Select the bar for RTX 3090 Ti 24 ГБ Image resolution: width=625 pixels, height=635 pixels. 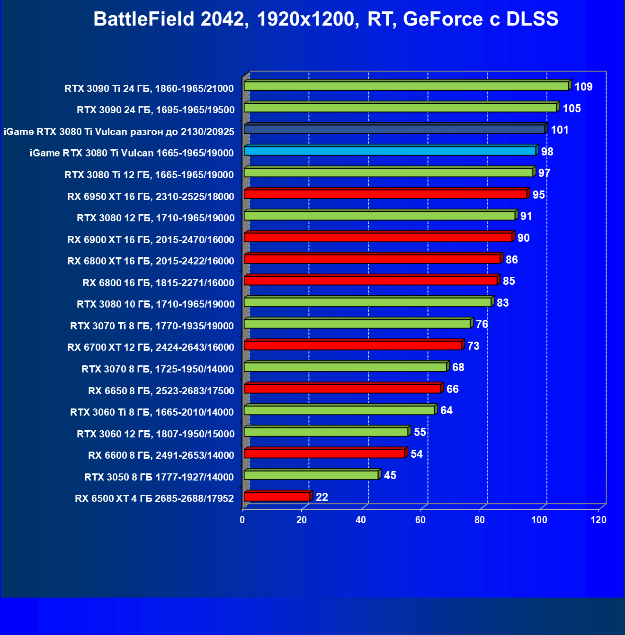(406, 86)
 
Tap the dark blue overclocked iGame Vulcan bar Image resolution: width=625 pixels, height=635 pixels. (394, 129)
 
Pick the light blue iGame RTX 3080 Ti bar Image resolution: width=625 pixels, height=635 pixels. (390, 151)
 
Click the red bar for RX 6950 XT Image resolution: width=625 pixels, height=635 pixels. (385, 194)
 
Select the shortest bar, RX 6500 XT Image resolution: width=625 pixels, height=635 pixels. (277, 497)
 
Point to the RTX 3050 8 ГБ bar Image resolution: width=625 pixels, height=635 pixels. (311, 475)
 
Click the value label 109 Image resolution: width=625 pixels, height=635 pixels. (583, 87)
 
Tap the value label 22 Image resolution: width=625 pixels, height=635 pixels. (322, 497)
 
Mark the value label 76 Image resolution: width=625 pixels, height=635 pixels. (482, 324)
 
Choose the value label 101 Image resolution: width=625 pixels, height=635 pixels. (560, 130)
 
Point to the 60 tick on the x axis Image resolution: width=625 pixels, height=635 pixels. (420, 520)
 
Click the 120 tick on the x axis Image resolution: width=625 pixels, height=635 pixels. (598, 520)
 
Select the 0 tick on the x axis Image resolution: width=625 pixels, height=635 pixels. (242, 520)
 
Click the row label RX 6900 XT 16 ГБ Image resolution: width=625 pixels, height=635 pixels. (151, 240)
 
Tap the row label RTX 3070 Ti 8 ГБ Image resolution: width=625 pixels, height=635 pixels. (152, 326)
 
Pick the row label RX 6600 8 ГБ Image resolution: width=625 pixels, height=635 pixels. (161, 455)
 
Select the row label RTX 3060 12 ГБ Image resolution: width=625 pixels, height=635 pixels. (155, 434)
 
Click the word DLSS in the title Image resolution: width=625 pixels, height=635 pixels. (532, 19)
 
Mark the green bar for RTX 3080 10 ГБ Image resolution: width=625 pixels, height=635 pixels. (367, 302)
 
